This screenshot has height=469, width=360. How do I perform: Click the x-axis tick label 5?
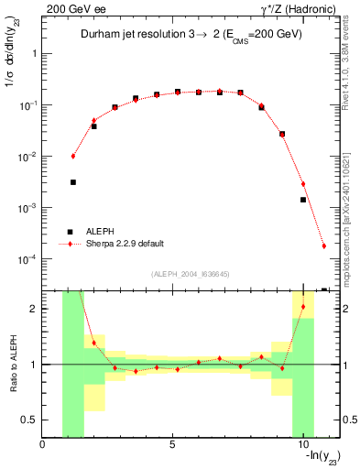coord(173,444)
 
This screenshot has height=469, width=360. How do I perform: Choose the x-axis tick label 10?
coord(302,444)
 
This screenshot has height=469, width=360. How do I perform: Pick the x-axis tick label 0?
coord(43,444)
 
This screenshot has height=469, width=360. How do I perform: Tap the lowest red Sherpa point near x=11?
coord(324,245)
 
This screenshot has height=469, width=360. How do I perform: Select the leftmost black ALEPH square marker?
coord(73,182)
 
